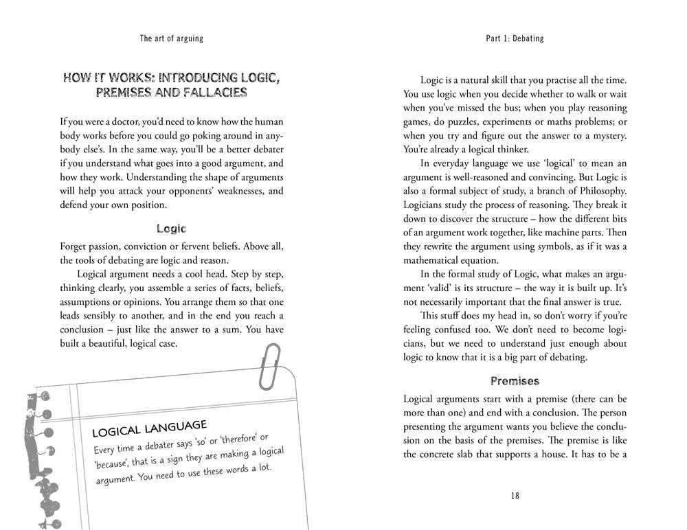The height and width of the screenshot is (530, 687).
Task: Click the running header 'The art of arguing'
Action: (x=171, y=39)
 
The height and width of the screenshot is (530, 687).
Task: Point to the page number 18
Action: (x=515, y=496)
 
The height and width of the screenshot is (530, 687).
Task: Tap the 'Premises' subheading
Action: (x=515, y=380)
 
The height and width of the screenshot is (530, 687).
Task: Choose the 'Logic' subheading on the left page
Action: (x=171, y=229)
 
